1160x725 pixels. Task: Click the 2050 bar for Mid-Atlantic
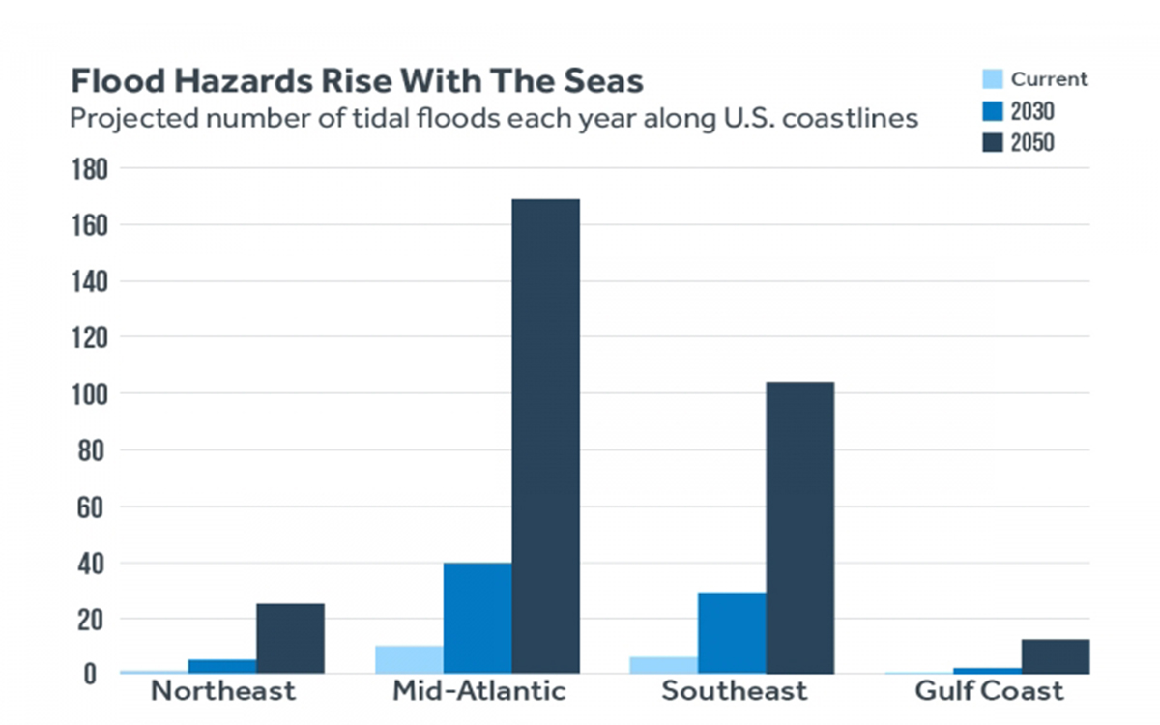545,435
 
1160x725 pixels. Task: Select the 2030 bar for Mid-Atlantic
478,619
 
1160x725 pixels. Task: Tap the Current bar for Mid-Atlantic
409,660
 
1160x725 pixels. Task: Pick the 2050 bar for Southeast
800,527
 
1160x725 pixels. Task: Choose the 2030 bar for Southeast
732,633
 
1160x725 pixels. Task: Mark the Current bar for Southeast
663,666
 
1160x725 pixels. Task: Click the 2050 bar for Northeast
290,638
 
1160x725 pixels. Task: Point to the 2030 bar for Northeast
222,667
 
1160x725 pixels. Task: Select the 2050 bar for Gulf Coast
1056,656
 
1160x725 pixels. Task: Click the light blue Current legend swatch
992,79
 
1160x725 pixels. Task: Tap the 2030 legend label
1032,111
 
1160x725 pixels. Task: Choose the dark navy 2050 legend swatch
992,142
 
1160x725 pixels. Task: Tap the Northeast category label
223,692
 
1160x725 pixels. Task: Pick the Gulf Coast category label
988,692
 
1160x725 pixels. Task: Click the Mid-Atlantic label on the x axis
478,692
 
